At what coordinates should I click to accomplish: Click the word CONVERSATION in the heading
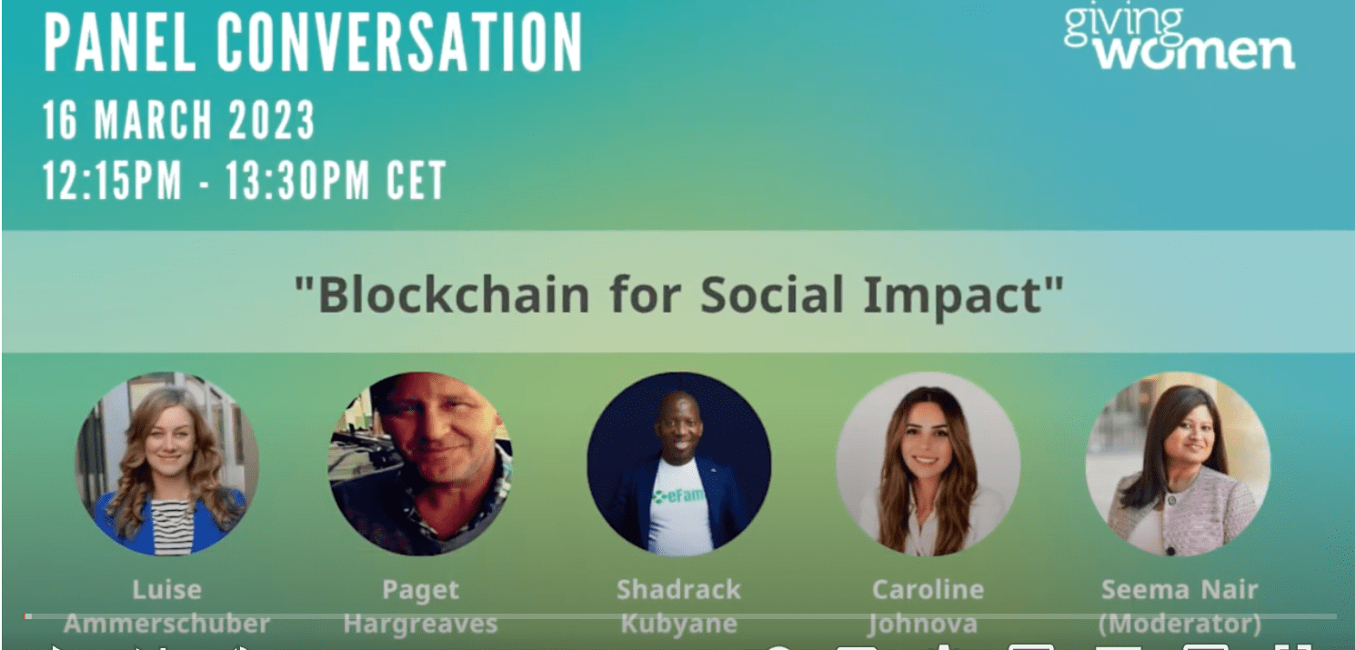[x=400, y=44]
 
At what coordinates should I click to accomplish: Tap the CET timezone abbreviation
[x=416, y=180]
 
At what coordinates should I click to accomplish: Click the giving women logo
[x=1179, y=39]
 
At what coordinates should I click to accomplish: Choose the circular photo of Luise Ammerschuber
[x=166, y=463]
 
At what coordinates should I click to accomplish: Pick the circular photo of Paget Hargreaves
[x=420, y=463]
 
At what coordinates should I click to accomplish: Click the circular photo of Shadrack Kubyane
[x=678, y=463]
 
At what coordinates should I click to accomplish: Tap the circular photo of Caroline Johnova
[x=928, y=463]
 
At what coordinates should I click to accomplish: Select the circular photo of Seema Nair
[x=1178, y=463]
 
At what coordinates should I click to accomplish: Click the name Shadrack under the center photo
[x=678, y=589]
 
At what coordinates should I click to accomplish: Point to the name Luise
[x=166, y=589]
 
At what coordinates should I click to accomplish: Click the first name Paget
[x=420, y=589]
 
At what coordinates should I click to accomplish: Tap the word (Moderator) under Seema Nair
[x=1179, y=625]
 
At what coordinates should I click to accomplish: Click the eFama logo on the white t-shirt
[x=679, y=496]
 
